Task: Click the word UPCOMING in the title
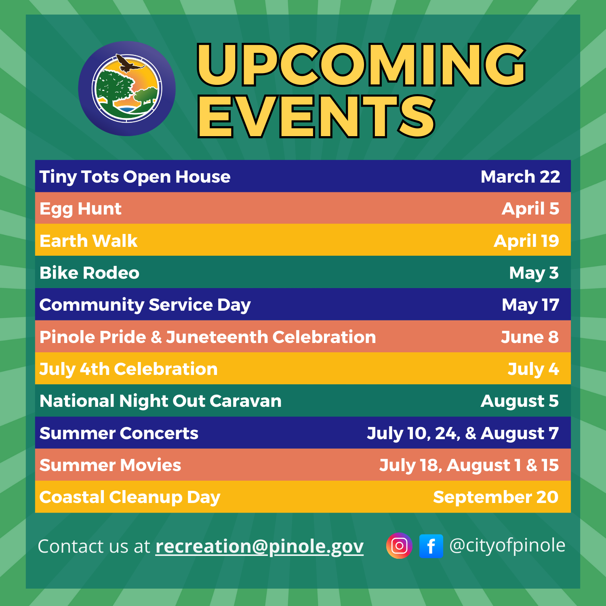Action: click(361, 65)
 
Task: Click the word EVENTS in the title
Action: click(316, 117)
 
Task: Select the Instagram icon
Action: click(399, 546)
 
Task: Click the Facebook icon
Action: click(431, 546)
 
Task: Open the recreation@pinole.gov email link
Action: click(259, 546)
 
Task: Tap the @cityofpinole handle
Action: click(507, 545)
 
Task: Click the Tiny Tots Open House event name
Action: click(135, 177)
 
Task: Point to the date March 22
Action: click(520, 177)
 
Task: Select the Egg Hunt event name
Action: click(80, 209)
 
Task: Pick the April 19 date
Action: click(526, 241)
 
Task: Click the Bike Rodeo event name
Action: click(89, 273)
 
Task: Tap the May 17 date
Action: click(530, 305)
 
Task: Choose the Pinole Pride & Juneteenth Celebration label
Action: click(208, 337)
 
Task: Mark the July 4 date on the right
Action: click(533, 369)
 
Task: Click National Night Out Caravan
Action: click(160, 401)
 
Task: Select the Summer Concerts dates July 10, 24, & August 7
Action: click(463, 433)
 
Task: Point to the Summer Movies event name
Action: click(110, 465)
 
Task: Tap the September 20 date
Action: click(495, 497)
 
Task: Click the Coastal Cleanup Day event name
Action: click(130, 497)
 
